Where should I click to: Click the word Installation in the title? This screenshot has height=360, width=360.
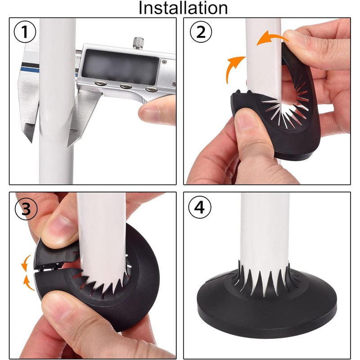tap(183, 8)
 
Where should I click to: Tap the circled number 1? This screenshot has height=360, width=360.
tap(25, 32)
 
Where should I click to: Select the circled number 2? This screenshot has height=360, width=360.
tap(201, 32)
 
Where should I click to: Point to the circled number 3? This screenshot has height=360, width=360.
tap(26, 209)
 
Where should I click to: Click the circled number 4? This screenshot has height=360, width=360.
tap(200, 208)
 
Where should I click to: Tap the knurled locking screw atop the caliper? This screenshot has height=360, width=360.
tap(139, 43)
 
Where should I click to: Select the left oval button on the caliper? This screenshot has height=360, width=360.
tap(100, 83)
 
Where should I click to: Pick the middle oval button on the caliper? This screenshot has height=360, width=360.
tap(126, 86)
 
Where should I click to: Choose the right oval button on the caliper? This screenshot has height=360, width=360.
tap(151, 89)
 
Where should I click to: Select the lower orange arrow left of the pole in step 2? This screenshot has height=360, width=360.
tap(233, 69)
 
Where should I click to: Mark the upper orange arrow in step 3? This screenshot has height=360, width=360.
tap(25, 263)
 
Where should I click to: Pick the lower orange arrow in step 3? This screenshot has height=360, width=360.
tap(27, 283)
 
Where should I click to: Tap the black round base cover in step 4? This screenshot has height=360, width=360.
tap(267, 306)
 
